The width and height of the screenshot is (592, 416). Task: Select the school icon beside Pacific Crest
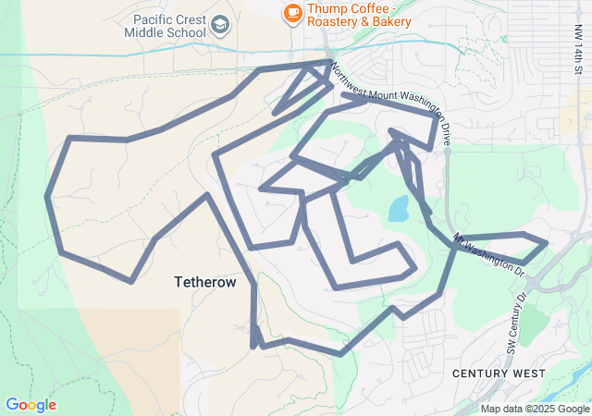[x=220, y=24]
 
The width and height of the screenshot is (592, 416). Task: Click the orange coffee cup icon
[x=292, y=12]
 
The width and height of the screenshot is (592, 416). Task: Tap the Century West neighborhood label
[x=499, y=373]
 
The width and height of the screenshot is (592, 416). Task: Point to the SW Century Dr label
[x=515, y=323]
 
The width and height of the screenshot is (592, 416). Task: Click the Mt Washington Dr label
[x=489, y=255]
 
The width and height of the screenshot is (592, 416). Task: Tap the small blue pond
[x=399, y=209]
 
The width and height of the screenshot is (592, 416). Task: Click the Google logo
[x=31, y=405]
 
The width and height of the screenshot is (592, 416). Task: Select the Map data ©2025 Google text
[x=535, y=409]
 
